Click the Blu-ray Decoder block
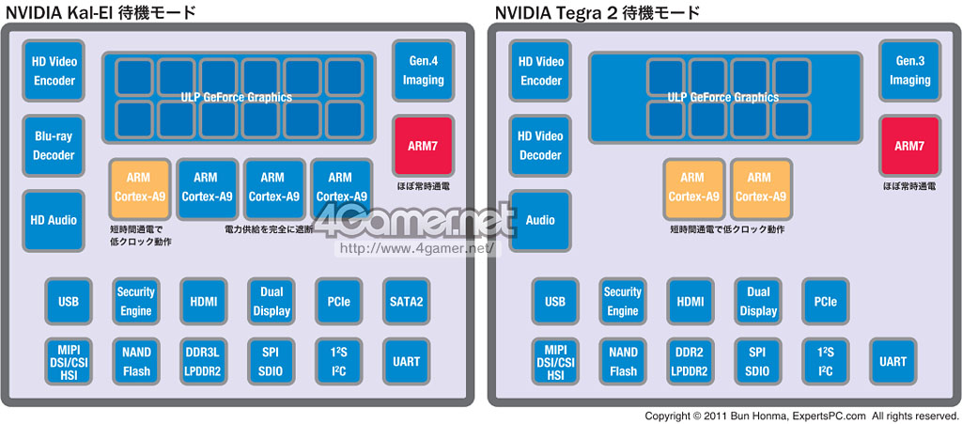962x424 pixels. tap(54, 146)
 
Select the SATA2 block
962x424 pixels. tap(407, 302)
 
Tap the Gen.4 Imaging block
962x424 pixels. tap(423, 71)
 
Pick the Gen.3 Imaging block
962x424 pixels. tap(909, 71)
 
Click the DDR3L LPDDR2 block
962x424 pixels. tap(203, 361)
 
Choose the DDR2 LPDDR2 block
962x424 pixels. tap(690, 361)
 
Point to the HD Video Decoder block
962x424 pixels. tap(540, 146)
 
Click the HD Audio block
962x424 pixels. tap(54, 220)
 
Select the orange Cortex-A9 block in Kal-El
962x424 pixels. tap(139, 187)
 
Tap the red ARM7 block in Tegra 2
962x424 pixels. tap(909, 146)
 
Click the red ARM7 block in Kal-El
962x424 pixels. tap(423, 146)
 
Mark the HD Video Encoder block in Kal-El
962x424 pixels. tap(54, 71)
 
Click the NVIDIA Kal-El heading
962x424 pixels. tap(101, 12)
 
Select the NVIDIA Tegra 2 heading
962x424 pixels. tap(597, 12)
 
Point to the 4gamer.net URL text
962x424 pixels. tap(414, 249)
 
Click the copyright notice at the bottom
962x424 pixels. tap(801, 416)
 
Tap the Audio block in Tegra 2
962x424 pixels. tap(540, 220)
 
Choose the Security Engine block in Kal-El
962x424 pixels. tap(135, 302)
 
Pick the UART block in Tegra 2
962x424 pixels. tap(893, 361)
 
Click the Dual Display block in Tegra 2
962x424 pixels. tap(758, 302)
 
